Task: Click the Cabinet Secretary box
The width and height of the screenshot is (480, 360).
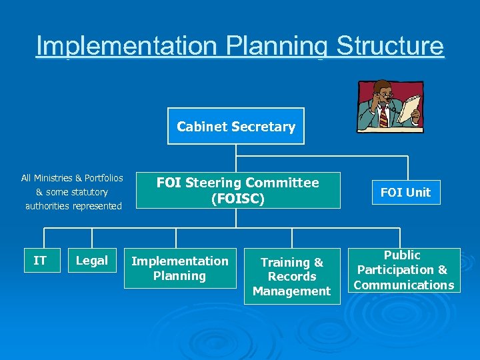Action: pos(236,126)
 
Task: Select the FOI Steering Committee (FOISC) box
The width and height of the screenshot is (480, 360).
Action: pos(238,190)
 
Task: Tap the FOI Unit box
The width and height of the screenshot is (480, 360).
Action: pos(405,192)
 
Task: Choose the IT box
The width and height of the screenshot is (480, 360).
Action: pos(40,261)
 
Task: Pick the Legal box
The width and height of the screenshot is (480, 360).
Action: pos(92,261)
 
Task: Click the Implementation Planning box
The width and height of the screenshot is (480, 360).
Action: pos(180,268)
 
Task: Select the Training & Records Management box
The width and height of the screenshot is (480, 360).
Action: pos(292,277)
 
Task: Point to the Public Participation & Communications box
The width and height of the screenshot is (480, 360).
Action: pos(403,270)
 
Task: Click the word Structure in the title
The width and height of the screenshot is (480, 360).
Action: pos(390,46)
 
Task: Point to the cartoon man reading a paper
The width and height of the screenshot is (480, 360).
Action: pos(390,105)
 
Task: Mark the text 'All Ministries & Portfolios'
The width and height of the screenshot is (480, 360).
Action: pos(72,178)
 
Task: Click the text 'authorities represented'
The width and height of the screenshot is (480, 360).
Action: pos(73,206)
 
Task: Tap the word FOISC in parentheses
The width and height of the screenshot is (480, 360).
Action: pos(238,199)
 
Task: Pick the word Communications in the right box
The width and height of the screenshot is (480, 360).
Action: pos(404,285)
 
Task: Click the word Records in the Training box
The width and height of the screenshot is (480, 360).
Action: pos(292,277)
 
